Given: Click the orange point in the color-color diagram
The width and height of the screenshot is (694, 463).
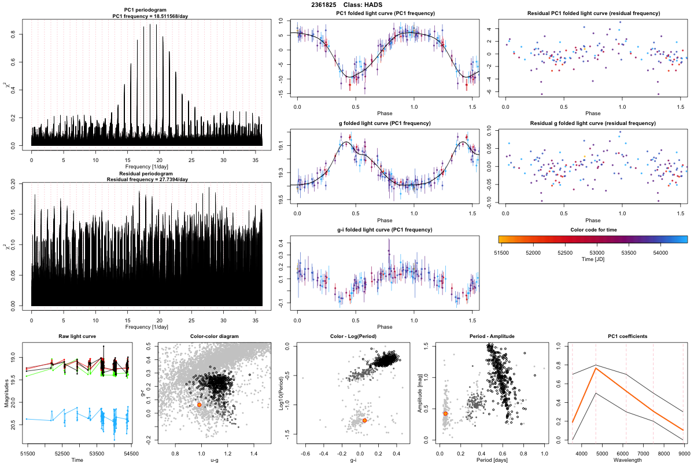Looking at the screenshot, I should (199, 405).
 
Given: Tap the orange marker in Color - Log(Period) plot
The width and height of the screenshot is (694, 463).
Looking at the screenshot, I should (364, 421).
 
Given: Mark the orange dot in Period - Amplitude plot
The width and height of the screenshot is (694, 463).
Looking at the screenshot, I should (445, 413).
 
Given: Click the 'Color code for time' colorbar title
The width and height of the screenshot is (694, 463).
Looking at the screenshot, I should (593, 230).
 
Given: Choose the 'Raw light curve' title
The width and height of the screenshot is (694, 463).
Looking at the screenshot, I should (77, 337).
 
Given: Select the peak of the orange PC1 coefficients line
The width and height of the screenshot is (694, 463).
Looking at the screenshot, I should (596, 368).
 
